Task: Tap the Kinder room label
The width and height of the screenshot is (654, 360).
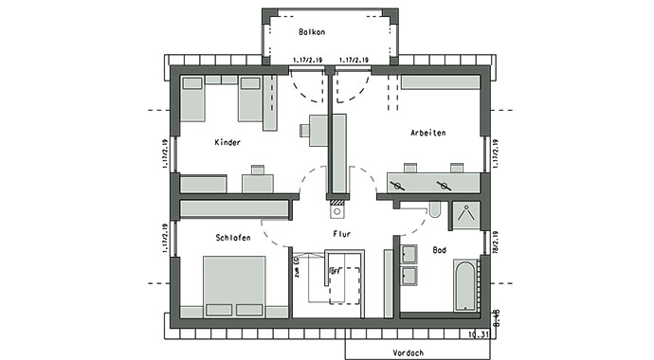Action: pyautogui.click(x=227, y=142)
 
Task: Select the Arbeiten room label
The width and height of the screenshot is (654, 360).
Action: pyautogui.click(x=428, y=133)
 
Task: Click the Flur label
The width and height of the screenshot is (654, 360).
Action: pyautogui.click(x=342, y=233)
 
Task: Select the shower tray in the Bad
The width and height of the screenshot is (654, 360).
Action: pyautogui.click(x=465, y=215)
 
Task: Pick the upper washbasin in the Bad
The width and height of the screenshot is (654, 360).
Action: pyautogui.click(x=409, y=254)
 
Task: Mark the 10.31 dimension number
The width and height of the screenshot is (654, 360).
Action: pyautogui.click(x=479, y=333)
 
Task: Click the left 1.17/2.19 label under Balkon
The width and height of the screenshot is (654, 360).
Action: pyautogui.click(x=307, y=61)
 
